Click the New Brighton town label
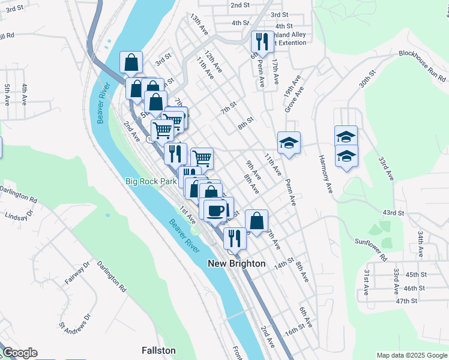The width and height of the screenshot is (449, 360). pos(237,263)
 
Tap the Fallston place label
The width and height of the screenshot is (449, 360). pos(158,350)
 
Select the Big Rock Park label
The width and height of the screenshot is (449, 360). pos(151,181)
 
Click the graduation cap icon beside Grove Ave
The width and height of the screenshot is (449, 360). pos(289,143)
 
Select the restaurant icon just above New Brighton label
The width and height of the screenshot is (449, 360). pos(234,238)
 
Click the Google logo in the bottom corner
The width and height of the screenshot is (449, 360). pos(20,353)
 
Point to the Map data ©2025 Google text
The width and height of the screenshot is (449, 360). pos(411,355)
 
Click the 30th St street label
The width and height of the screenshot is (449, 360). pos(367,79)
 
